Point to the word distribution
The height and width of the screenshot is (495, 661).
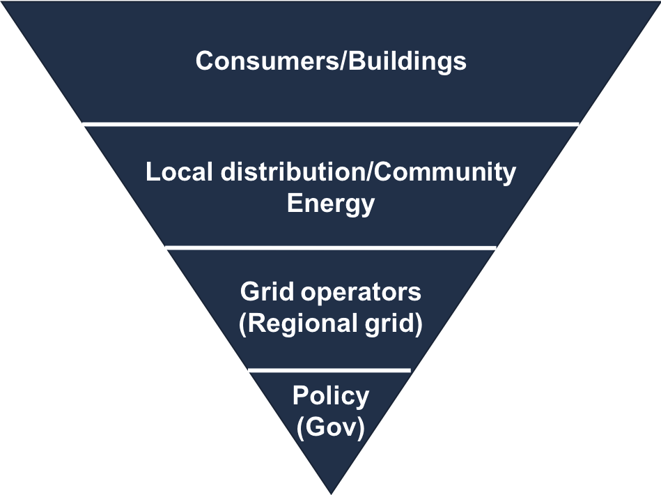coord(294,172)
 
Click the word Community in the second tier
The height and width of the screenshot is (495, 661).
coord(446,172)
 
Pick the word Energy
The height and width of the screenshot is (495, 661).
coord(331,204)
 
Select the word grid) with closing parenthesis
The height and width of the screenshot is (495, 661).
coord(393,325)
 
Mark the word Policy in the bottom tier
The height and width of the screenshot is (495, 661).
coord(331,396)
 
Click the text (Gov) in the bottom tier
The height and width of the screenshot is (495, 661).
coord(331,427)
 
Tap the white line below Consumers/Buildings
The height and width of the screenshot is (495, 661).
coord(331,124)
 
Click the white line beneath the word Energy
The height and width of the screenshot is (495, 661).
coord(331,247)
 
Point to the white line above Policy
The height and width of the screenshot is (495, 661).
coord(329,370)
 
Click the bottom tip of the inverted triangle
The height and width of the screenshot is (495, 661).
coord(330,490)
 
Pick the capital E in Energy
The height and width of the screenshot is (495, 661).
coord(295,204)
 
